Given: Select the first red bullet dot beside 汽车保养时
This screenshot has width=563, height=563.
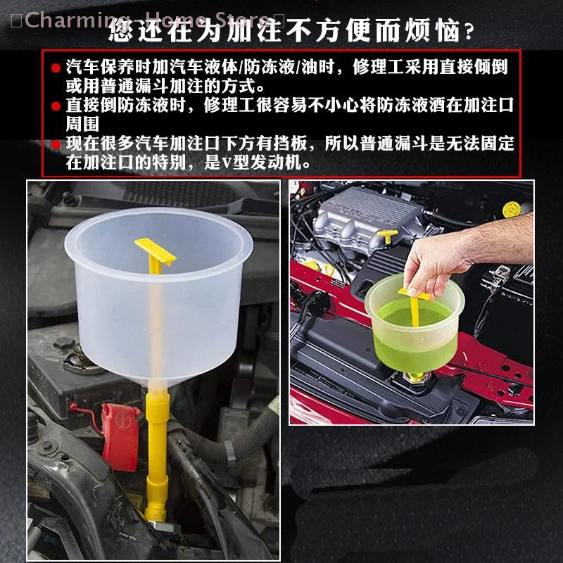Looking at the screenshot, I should pyautogui.click(x=56, y=69).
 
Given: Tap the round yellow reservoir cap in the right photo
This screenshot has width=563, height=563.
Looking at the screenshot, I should pyautogui.click(x=512, y=209).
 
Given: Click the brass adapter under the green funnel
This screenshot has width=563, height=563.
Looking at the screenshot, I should pyautogui.click(x=415, y=378).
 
